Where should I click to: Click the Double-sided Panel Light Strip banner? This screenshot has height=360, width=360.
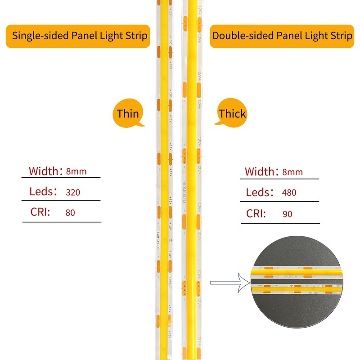pyautogui.click(x=282, y=36)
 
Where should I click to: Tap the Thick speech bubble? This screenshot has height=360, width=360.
pyautogui.click(x=232, y=114)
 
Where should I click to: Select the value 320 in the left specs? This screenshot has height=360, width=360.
pyautogui.click(x=72, y=193)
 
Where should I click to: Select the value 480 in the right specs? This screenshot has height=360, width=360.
pyautogui.click(x=288, y=193)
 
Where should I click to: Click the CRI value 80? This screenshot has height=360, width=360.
pyautogui.click(x=70, y=212)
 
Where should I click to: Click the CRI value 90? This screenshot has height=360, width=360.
pyautogui.click(x=287, y=214)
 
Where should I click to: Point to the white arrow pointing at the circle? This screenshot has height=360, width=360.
pyautogui.click(x=229, y=283)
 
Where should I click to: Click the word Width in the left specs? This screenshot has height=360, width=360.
pyautogui.click(x=43, y=171)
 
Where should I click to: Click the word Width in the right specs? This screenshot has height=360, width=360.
pyautogui.click(x=259, y=172)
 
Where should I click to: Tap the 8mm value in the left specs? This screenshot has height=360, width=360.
pyautogui.click(x=76, y=171)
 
